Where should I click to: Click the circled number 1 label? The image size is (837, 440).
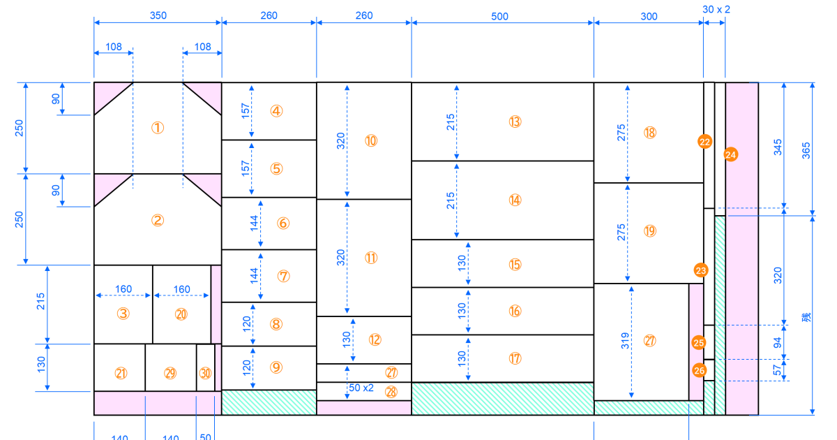pos(158,128)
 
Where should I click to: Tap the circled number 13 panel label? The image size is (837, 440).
pos(515,122)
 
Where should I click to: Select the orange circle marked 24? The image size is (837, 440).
pos(730,154)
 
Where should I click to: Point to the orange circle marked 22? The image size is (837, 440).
pos(704,142)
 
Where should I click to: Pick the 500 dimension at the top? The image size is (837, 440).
pos(500,16)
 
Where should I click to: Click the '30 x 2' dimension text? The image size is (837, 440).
pos(716,9)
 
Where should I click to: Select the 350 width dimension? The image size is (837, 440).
pos(158,16)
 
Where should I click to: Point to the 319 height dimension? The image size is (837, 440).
pos(626,341)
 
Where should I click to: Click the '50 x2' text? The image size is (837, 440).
pos(361,388)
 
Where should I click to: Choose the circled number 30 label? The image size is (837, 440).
pos(205,373)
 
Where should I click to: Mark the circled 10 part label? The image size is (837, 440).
pos(370,140)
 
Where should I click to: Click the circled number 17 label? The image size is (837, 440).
pos(515,358)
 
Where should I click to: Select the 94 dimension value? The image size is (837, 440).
pos(778,342)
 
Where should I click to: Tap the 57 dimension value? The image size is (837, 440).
pos(778,370)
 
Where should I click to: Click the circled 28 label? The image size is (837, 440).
pos(391,392)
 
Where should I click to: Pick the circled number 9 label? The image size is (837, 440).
pos(277,367)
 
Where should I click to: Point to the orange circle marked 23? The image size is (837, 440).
pos(701,270)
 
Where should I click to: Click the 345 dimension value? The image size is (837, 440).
pos(778,147)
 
